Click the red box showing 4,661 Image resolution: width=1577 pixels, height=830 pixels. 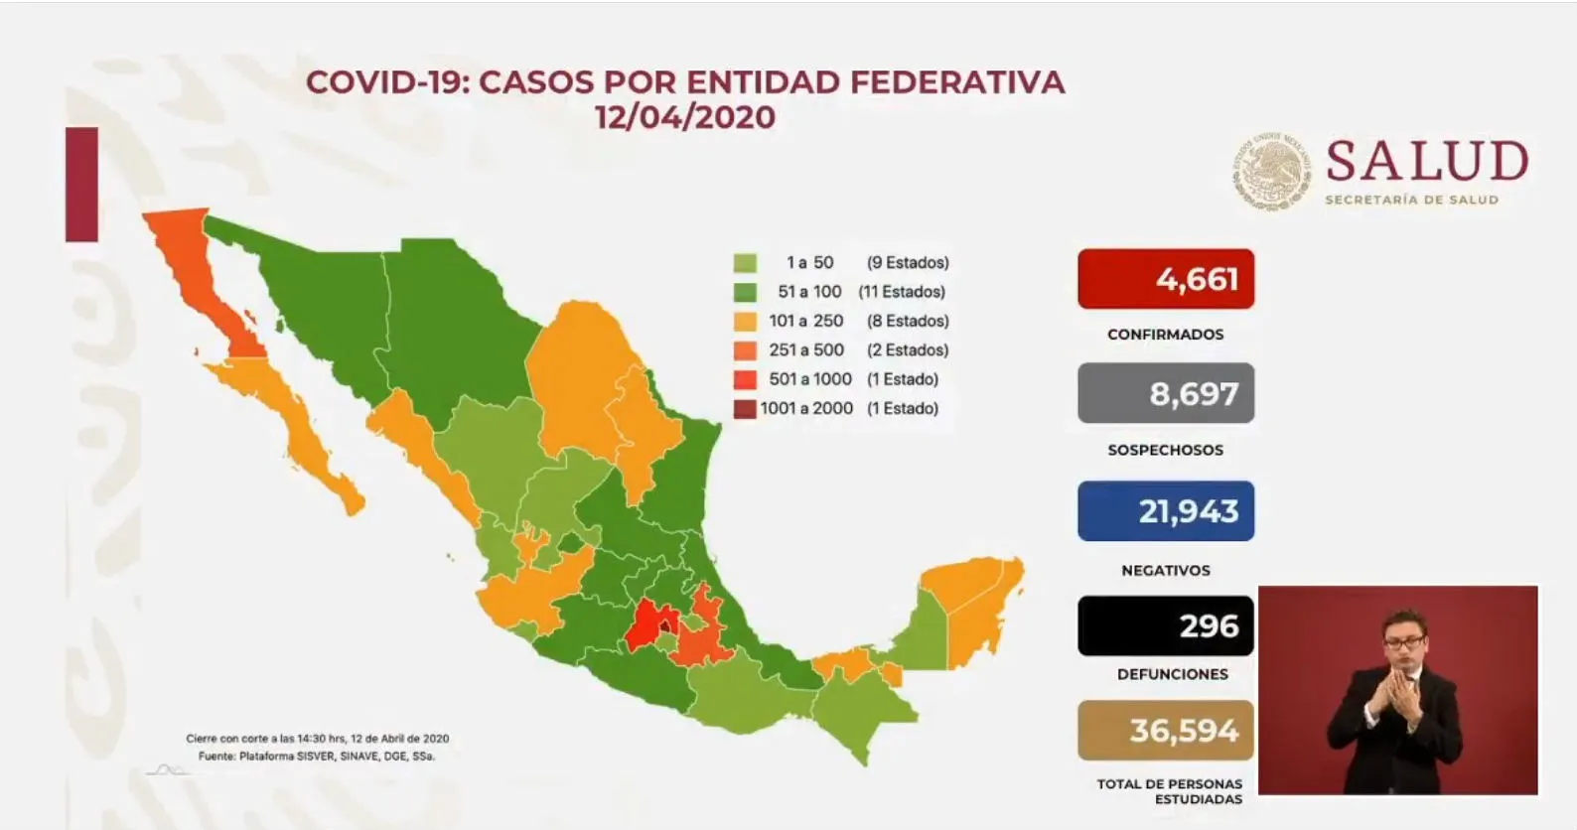pos(1165,279)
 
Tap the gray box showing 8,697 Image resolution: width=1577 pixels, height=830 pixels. pos(1165,393)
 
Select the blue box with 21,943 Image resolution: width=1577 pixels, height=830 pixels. pos(1165,510)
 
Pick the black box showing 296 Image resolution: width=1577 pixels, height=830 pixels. pos(1165,625)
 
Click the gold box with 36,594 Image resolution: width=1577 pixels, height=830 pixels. pos(1165,731)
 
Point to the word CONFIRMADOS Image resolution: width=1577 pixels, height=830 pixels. pos(1165,335)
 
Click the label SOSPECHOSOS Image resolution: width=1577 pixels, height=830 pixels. pos(1165,450)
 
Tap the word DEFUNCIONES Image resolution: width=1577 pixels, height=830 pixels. pos(1172,674)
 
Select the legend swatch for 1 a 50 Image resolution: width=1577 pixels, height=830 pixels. pos(745,263)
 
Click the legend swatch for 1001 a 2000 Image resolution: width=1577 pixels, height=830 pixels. pos(745,408)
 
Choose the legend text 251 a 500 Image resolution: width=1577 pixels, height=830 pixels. pos(805,349)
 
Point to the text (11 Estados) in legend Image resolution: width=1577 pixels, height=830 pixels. pos(902,292)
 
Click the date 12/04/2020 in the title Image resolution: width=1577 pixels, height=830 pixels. pos(685,117)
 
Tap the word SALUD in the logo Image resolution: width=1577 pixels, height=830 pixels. pos(1426,162)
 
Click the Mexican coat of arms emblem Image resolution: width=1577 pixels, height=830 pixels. pos(1272,172)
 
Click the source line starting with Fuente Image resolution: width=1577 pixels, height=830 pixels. pos(316,756)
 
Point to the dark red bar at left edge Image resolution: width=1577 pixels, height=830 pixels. pos(81,185)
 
